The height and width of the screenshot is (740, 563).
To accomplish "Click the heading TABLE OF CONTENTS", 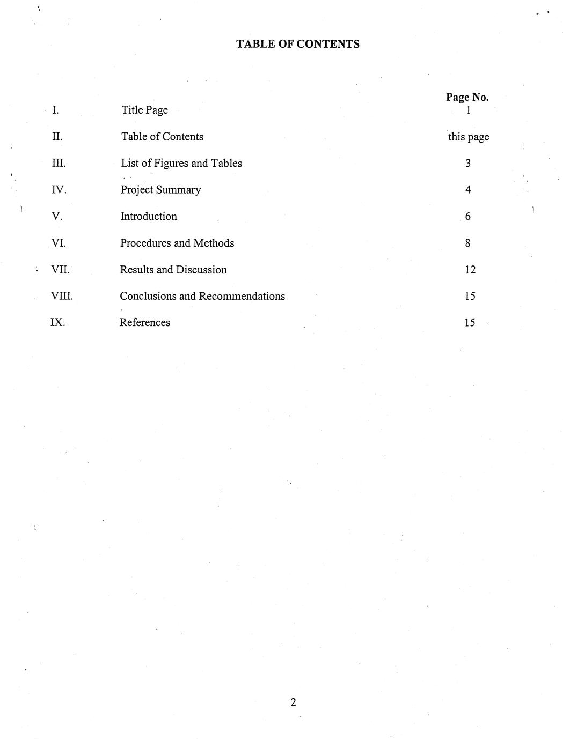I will [x=298, y=44].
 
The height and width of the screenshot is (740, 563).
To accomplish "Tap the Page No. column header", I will [x=467, y=97].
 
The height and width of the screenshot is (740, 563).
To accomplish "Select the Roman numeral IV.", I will [x=59, y=190].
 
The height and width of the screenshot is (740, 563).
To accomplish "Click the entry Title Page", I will [x=144, y=110].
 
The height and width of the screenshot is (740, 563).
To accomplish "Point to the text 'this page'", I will [x=469, y=137].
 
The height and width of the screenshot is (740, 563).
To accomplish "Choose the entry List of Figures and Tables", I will [x=181, y=163].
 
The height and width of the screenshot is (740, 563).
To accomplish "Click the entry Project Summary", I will [x=160, y=190].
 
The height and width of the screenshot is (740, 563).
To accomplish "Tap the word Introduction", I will [x=149, y=216].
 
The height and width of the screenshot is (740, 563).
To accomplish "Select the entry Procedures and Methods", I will [x=177, y=243].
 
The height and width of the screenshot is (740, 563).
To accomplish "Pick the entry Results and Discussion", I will [x=173, y=270].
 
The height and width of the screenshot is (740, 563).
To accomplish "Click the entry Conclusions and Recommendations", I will [x=202, y=296].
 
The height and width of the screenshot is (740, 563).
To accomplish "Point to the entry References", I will [x=144, y=322].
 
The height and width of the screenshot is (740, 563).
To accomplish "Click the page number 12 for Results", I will [x=470, y=270].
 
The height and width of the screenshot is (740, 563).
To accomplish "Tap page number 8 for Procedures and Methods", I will [x=467, y=243].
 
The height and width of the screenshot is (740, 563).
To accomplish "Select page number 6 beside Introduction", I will [x=467, y=216].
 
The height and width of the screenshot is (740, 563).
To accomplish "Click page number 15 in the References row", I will [x=470, y=322].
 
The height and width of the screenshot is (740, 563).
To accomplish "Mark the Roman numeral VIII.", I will [x=62, y=296].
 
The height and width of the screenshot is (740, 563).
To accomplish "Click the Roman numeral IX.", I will [x=57, y=322].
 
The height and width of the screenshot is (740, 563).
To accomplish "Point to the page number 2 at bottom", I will [x=293, y=702].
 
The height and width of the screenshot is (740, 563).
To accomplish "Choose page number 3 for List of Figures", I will [x=468, y=163].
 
